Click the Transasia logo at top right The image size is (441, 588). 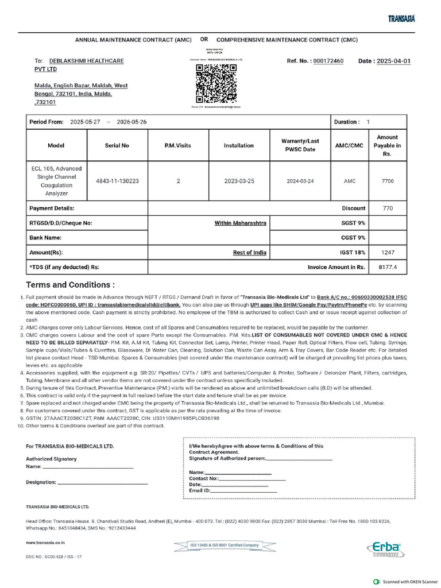401,19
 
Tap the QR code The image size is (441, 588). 216,82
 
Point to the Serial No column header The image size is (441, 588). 117,145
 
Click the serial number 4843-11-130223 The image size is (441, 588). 117,181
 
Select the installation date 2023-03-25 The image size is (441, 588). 239,181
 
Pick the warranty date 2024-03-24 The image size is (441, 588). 300,181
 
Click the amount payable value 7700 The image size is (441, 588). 388,181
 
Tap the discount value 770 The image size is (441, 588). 388,208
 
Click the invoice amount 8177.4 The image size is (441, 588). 388,268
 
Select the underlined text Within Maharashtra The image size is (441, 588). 240,223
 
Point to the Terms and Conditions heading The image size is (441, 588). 70,285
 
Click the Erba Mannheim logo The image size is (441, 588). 384,549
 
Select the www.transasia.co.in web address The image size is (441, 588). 45,541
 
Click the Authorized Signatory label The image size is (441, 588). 51,459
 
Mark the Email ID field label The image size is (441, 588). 200,491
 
